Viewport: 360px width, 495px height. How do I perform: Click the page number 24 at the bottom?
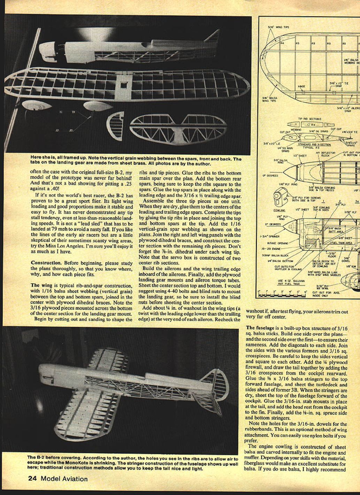[x=33, y=479]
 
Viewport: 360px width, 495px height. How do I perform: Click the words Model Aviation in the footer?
[x=64, y=479]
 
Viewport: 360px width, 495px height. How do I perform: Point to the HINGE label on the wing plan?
[x=301, y=86]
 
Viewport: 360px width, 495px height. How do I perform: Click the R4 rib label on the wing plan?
[x=282, y=43]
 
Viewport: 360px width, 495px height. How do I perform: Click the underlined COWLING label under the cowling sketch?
[x=279, y=210]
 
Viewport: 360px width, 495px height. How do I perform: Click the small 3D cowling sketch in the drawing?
[x=279, y=198]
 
